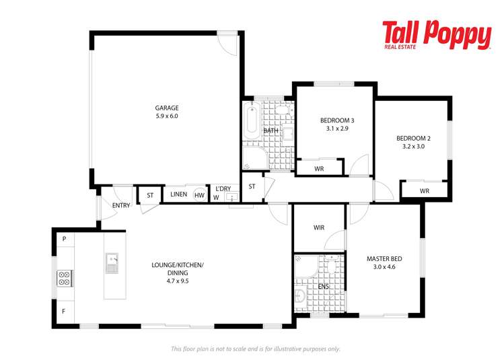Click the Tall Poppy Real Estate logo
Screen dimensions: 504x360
coord(437,35)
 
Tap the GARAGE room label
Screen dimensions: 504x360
coord(167,108)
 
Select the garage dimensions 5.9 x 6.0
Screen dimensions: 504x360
coord(167,116)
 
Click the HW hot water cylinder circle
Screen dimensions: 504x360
coord(200,195)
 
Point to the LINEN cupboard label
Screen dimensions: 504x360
coord(179,194)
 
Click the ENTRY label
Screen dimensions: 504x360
coord(121,205)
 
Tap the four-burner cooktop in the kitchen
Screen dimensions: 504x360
coord(65,279)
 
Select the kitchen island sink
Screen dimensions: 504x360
coord(112,263)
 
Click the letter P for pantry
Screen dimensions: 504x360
coord(65,239)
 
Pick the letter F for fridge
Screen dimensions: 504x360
coord(64,311)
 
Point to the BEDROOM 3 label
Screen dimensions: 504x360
coord(337,120)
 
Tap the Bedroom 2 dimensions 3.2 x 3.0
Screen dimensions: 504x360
coord(413,146)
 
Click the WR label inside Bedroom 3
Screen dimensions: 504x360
coord(319,169)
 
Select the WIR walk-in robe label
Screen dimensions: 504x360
coord(319,227)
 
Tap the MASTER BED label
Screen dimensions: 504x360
coord(384,259)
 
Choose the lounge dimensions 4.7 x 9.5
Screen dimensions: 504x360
coord(178,281)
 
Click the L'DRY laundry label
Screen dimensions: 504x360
coord(223,188)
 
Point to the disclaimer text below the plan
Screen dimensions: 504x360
coord(255,349)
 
